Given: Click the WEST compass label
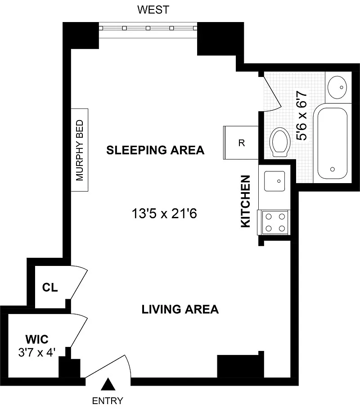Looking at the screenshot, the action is pos(153,9).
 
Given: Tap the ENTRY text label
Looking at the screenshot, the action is pos(108,400).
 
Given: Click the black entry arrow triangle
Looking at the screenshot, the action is pos(108,384).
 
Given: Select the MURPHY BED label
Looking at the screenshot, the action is pos(80,150).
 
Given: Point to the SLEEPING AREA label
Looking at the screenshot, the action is pos(155,150).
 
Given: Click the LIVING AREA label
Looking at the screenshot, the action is pos(180,310).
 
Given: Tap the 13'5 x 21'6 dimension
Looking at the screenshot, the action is pos(164,214).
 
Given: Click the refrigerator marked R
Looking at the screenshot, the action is pos(241,143).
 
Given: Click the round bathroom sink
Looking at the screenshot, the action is pos(337,87).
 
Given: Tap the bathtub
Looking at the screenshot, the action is pos(333,143).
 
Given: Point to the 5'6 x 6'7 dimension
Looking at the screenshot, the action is pos(301,116).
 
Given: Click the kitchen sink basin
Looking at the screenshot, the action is pos(274,181).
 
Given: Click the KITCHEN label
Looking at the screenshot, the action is pos(246,201).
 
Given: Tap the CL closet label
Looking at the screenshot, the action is pos(50,288).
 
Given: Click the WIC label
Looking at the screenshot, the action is pos(37,339).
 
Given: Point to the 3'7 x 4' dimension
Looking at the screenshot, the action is pos(37,353).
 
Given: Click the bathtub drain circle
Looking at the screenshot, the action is pos(333,169).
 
